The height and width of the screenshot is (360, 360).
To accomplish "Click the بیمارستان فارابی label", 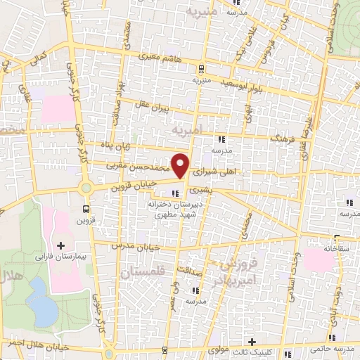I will click(x=61, y=257).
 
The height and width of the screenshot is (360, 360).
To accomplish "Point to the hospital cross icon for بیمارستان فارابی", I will click(x=60, y=245).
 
